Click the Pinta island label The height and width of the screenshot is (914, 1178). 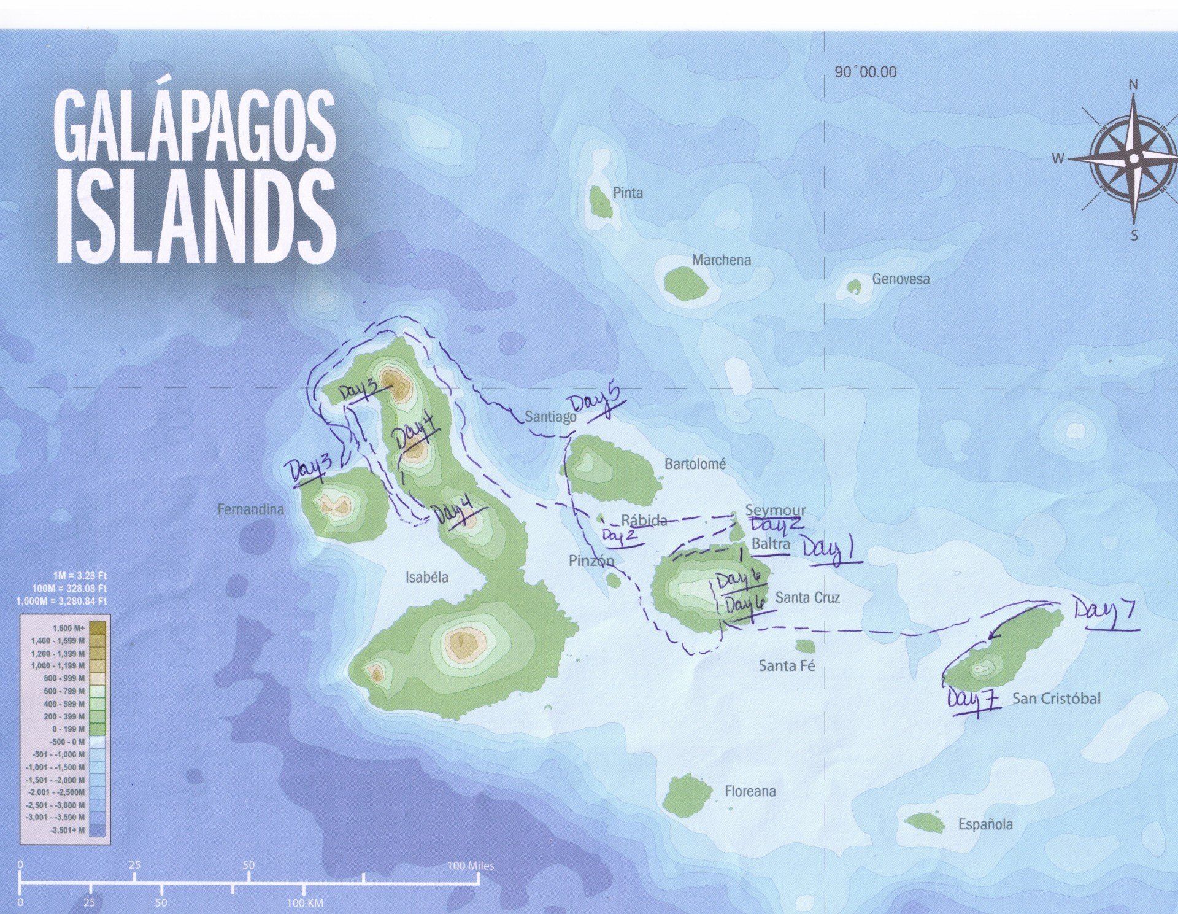pos(628,193)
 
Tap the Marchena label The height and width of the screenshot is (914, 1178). pos(722,260)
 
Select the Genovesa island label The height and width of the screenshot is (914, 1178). pos(901,279)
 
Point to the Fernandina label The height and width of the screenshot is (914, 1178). pos(251,509)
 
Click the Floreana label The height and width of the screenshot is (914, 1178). pos(750,791)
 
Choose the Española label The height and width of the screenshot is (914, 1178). pos(985,824)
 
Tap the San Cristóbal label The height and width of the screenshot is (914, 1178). pos(1056,698)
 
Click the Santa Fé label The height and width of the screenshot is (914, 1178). pos(787,665)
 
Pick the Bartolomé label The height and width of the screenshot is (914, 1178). pos(695,464)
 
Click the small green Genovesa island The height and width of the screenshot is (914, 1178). pos(854,287)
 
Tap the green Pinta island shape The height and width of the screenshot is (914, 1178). pos(600,202)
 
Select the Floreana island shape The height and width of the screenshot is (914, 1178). pos(686,795)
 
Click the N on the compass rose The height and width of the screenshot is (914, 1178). pos(1133,85)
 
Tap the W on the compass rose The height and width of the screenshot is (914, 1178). pos(1058,158)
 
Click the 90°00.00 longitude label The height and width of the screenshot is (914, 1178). pos(865,72)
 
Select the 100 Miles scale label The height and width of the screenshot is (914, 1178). pos(471,866)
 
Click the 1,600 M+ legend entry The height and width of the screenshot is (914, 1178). pos(67,628)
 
